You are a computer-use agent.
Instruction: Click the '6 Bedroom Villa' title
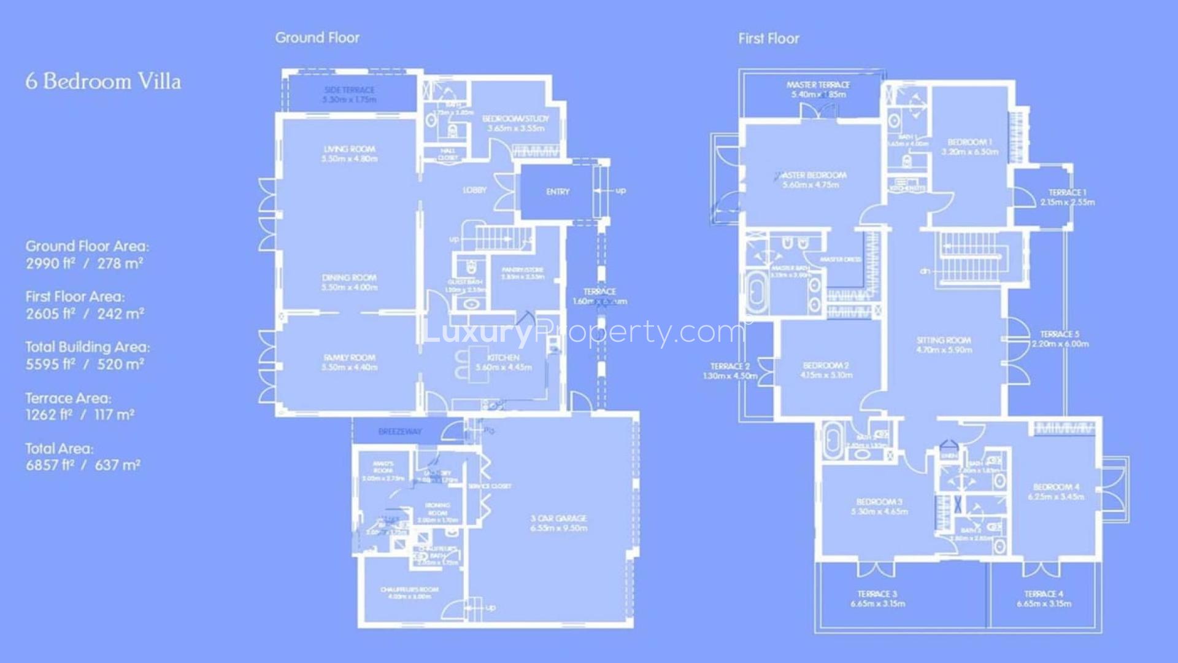click(x=103, y=82)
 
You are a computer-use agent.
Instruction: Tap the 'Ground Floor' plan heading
click(x=317, y=37)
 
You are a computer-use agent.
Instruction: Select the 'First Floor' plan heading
click(x=769, y=39)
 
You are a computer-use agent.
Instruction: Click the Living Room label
click(x=349, y=149)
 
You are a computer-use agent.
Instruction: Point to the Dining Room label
click(x=349, y=277)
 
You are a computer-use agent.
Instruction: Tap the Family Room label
click(x=349, y=357)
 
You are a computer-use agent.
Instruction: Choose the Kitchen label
click(x=503, y=357)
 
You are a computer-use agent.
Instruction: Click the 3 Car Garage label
click(x=558, y=519)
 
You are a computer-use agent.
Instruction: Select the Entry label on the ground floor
click(x=558, y=192)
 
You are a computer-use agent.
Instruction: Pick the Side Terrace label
click(x=349, y=90)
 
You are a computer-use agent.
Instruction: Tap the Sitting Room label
click(x=944, y=340)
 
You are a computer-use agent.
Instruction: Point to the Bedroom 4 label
click(x=1056, y=487)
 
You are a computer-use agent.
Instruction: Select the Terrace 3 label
click(x=877, y=594)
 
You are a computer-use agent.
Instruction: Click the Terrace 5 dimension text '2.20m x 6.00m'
click(x=1060, y=344)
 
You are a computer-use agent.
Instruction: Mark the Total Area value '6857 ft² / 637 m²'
click(x=83, y=465)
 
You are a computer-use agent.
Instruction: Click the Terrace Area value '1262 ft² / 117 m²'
click(x=80, y=415)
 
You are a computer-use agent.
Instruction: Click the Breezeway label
click(x=399, y=432)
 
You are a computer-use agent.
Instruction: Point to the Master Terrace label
click(x=818, y=85)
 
